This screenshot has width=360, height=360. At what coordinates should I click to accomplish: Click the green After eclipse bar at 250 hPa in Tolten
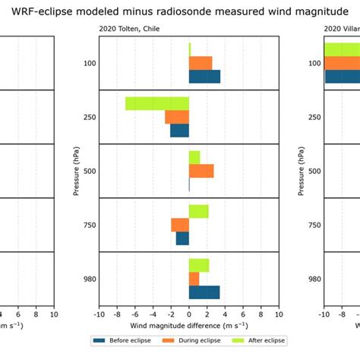click(x=157, y=103)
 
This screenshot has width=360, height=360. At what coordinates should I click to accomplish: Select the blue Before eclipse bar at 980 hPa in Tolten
click(x=204, y=292)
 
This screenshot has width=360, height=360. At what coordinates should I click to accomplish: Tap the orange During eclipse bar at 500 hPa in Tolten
click(x=201, y=171)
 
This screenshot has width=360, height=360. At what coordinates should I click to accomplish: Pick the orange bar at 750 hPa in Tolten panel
click(x=180, y=225)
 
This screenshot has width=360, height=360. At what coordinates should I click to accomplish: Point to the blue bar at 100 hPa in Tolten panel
click(x=204, y=76)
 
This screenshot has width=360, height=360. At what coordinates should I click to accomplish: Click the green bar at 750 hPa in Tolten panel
click(x=198, y=211)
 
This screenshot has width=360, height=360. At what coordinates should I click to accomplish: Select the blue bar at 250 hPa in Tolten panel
click(x=179, y=131)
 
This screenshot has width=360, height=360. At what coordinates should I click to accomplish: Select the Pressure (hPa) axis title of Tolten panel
click(x=76, y=171)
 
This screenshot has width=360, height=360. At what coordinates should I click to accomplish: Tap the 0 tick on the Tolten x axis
click(x=189, y=314)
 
